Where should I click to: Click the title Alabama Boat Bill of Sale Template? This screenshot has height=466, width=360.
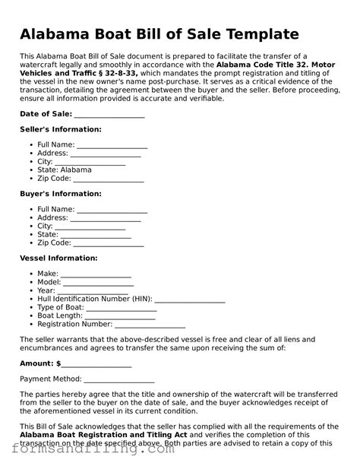point(159,35)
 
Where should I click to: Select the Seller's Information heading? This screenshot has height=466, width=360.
point(58,129)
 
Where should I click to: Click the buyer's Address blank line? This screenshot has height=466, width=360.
point(106,218)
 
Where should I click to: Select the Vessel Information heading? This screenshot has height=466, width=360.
point(58,258)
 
